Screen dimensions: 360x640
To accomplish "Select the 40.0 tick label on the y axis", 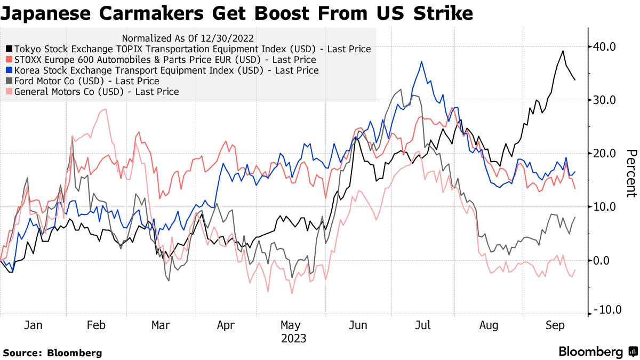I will tap(604, 47).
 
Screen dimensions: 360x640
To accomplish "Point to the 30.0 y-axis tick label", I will tap(604, 100).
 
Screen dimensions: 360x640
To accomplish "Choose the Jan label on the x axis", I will tap(33, 325).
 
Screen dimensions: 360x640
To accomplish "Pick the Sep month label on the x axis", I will tap(555, 325).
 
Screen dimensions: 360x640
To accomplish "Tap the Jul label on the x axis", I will tap(423, 325).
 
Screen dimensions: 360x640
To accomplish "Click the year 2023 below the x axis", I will tap(294, 339).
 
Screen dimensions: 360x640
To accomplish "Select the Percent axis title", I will tap(631, 173).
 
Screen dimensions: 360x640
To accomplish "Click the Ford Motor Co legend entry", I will tap(87, 81).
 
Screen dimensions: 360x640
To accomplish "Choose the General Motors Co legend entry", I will tap(97, 92).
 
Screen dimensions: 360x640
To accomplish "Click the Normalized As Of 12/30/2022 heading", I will tap(188, 38).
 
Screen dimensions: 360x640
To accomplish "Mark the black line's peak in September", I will tap(563, 51).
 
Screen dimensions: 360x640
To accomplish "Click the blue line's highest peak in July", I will tap(422, 62).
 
